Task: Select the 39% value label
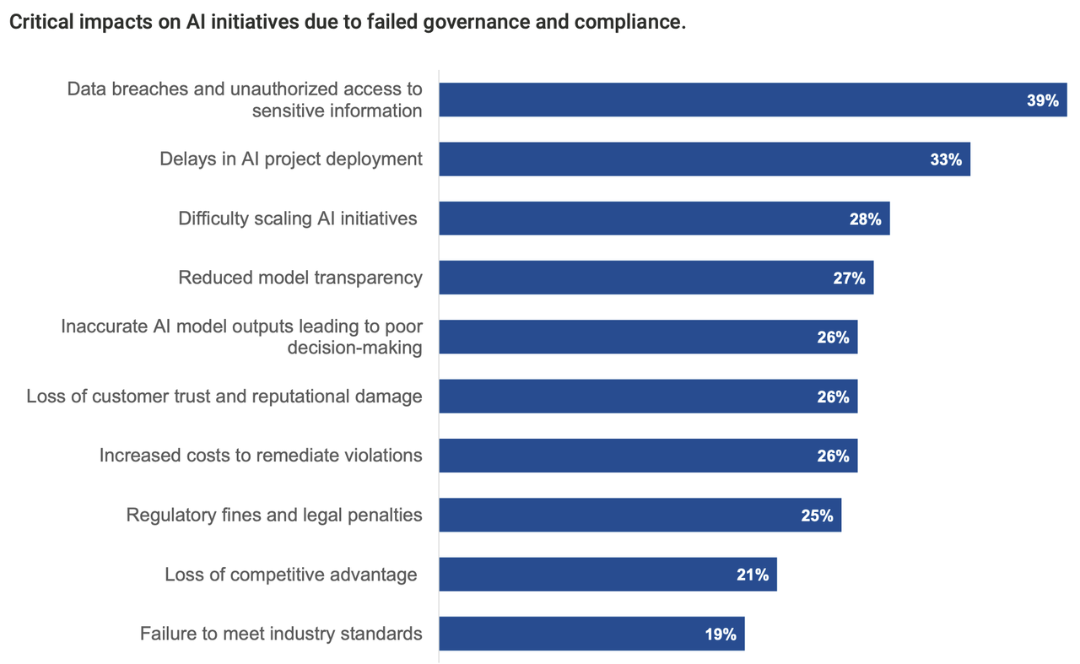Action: [x=1042, y=100]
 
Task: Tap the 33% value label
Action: [x=946, y=159]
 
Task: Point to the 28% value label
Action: [x=865, y=219]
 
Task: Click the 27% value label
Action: [x=849, y=278]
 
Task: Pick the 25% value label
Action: [x=817, y=516]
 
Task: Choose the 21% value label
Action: [x=752, y=575]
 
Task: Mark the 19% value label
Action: [x=721, y=634]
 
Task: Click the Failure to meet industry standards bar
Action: [x=591, y=634]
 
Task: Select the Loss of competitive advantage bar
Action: [x=607, y=574]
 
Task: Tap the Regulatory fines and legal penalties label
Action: [x=274, y=515]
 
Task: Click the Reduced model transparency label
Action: [x=300, y=278]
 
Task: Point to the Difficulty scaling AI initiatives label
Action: [x=298, y=219]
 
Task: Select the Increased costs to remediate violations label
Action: [x=261, y=456]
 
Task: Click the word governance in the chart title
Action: [x=462, y=23]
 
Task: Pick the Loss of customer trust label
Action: [x=224, y=397]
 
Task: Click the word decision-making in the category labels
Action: [x=354, y=348]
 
